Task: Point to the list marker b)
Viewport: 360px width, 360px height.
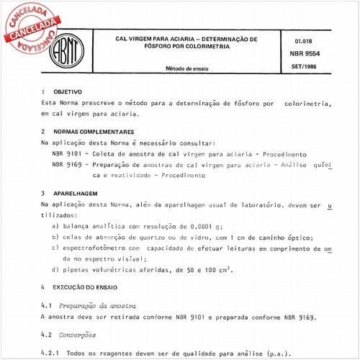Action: click(x=56, y=237)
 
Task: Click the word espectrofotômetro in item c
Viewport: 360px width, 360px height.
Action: click(x=100, y=248)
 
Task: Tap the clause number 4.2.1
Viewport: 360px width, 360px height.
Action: click(x=52, y=353)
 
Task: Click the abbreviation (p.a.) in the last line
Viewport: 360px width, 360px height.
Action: click(x=279, y=353)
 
